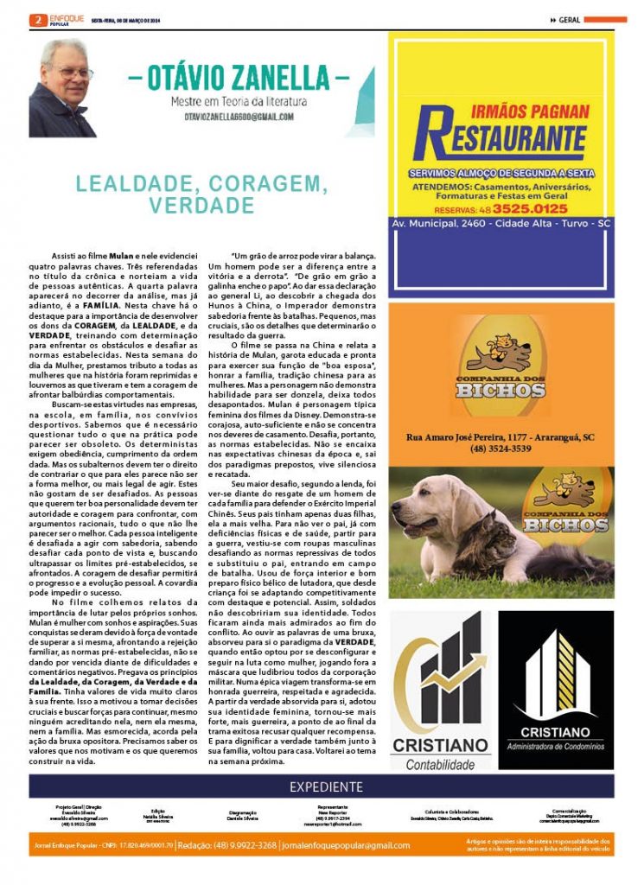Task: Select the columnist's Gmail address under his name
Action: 239,117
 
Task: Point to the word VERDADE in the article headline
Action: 201,207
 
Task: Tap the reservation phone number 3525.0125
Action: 532,208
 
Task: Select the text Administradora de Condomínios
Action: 557,746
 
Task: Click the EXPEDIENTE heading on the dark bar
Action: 326,786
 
